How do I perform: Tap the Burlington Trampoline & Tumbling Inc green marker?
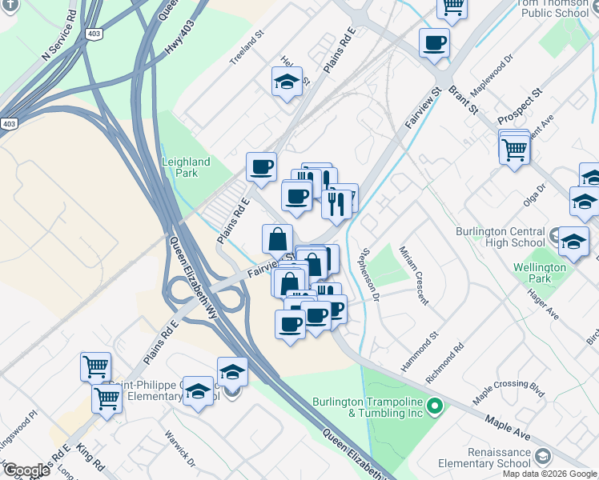click(435, 407)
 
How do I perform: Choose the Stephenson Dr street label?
click(369, 273)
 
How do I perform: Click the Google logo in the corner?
click(26, 470)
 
